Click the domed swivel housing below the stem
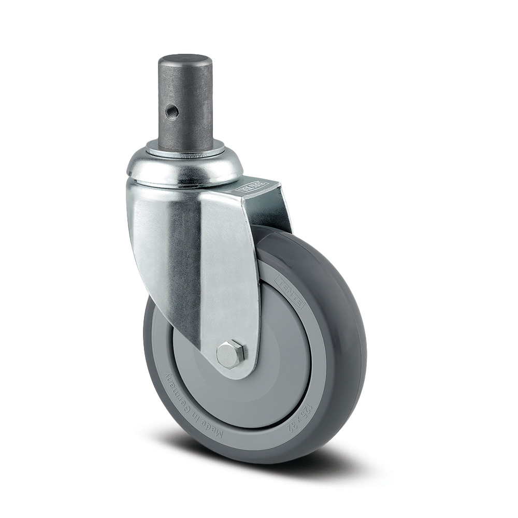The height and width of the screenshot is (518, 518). (x=184, y=168)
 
